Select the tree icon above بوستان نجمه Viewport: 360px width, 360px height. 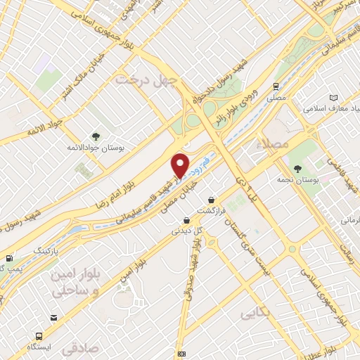point(299,169)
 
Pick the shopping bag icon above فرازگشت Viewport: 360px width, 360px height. point(211,199)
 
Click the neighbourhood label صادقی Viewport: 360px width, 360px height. point(77,348)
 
